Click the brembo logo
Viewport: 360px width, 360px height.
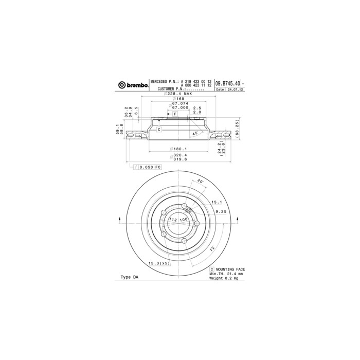click(133, 84)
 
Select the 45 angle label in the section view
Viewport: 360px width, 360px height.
click(194, 134)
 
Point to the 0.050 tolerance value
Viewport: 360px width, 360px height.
click(148, 167)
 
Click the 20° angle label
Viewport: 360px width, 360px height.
click(200, 181)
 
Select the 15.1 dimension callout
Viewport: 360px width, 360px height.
click(217, 203)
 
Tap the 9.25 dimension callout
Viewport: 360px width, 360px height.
click(221, 211)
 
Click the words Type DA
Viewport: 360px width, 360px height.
click(129, 277)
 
